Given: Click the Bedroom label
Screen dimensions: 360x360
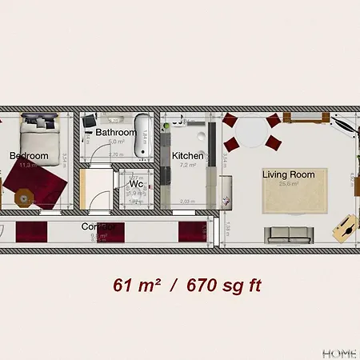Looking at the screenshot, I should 30,156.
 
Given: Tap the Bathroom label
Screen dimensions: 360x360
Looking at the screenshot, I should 115,132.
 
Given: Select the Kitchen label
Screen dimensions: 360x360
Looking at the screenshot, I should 187,156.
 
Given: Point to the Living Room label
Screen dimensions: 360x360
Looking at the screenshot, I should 289,174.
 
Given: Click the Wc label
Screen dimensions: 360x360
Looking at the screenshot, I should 136,184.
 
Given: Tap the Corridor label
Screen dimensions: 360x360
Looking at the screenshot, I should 99,226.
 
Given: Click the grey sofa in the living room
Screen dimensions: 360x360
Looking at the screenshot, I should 288,234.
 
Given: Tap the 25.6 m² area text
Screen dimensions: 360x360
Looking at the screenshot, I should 289,184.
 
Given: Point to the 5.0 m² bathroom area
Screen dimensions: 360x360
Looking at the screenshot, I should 114,141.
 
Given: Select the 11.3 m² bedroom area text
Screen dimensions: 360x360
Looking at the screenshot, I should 29,165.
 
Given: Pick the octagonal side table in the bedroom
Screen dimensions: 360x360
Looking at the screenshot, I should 24,196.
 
